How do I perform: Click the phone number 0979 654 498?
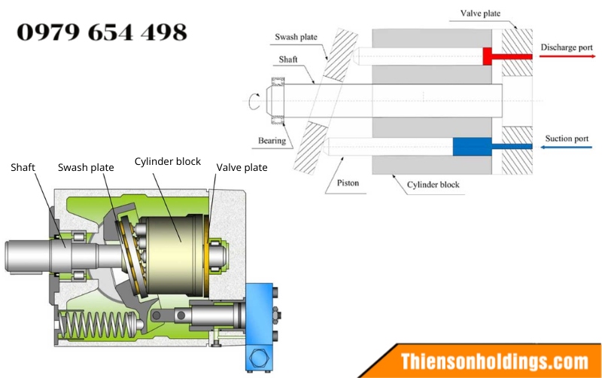coord(102,32)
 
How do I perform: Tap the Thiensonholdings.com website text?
coord(494,362)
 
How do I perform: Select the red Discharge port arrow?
coord(567,56)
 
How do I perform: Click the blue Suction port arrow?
coord(567,147)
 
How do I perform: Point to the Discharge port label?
coord(567,47)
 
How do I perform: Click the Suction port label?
coord(567,139)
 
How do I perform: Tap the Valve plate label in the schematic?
coord(480,14)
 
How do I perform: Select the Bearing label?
coord(272,141)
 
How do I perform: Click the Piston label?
coord(348,183)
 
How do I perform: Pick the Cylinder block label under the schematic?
coord(433,184)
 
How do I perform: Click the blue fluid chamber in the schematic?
coord(473,147)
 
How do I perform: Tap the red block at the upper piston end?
coord(487,56)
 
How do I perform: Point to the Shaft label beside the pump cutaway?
coord(23,167)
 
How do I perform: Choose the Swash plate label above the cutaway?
coord(86,167)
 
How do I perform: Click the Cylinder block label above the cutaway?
coord(167,161)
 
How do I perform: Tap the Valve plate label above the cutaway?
coord(242,167)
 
